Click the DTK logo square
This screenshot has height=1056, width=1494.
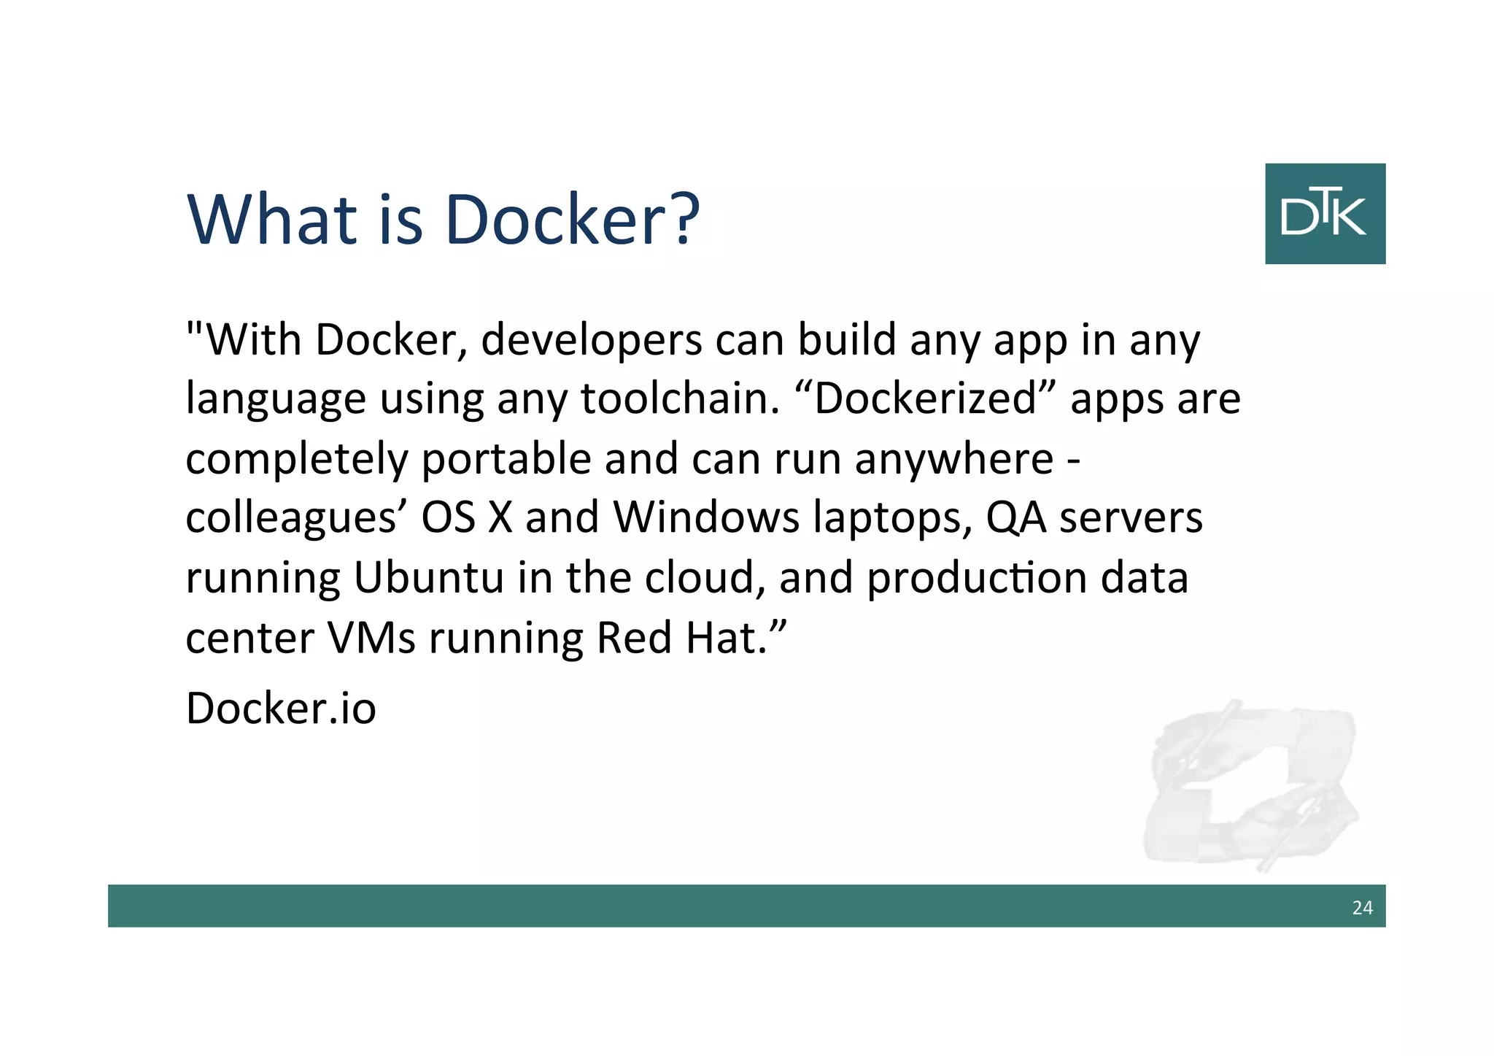(x=1325, y=213)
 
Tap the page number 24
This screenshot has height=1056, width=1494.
(x=1362, y=908)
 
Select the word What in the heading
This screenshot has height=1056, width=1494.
(x=272, y=219)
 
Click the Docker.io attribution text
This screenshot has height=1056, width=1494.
(x=281, y=708)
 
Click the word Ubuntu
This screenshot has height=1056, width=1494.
(x=429, y=578)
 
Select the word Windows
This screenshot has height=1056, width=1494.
(x=706, y=518)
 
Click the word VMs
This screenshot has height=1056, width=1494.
(x=371, y=638)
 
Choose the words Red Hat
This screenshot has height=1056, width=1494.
(x=682, y=638)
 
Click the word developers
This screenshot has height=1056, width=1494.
(x=590, y=341)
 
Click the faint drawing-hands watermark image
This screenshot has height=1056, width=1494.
(x=1250, y=785)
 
